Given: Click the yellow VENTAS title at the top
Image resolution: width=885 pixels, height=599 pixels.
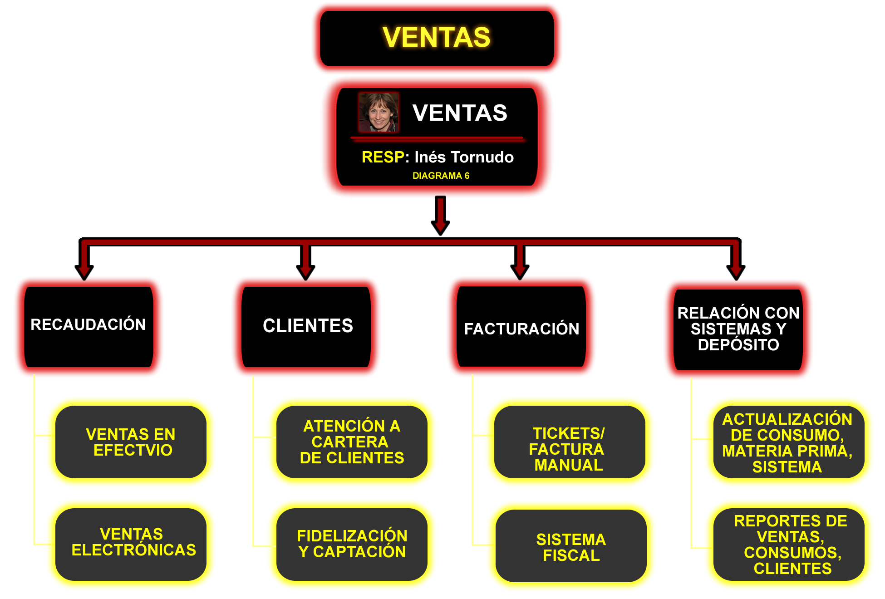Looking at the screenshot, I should pos(437,37).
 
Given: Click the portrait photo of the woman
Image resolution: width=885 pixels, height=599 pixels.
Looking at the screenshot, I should pos(379,113).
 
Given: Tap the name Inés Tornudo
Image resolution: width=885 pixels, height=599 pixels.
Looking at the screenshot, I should pos(464,157).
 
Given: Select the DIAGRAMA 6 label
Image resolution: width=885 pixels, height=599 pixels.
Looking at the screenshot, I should pos(441,176).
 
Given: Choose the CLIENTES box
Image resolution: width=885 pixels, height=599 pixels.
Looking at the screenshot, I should pos(307,326).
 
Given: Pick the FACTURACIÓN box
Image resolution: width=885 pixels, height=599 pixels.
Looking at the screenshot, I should pos(521,328).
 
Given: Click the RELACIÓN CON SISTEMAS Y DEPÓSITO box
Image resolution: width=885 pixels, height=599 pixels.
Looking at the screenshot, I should pos(738,329).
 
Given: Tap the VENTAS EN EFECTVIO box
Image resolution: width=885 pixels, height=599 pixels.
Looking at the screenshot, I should pos(131,442).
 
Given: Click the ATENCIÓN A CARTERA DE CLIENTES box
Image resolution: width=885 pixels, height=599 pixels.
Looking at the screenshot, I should pos(352,442).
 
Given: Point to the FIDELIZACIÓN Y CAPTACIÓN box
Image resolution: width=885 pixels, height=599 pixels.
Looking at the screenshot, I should pos(352,544).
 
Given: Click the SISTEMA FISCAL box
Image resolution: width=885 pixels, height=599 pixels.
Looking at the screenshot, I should pos(571,547).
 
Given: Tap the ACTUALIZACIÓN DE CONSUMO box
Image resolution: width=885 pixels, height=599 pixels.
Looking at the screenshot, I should pos(788,442).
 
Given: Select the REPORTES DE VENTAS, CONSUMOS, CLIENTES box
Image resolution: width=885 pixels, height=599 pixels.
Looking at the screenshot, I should pos(790,545).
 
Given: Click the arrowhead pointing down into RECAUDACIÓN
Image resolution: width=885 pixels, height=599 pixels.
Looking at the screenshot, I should pos(84,271).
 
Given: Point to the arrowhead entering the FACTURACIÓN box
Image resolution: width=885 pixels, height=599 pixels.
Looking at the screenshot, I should pos(520,271).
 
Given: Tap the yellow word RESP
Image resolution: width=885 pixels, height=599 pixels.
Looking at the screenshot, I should pos(382,157).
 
